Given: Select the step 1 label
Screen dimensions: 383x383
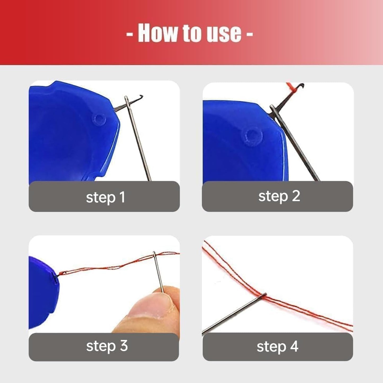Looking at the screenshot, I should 105,197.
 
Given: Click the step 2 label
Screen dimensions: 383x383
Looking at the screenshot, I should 279,196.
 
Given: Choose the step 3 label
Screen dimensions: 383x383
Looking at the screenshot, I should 107,346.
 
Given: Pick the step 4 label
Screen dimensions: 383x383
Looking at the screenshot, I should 278,347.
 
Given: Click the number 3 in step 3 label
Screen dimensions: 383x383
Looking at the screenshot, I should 123,346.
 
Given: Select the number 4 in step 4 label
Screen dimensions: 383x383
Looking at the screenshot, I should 294,347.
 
